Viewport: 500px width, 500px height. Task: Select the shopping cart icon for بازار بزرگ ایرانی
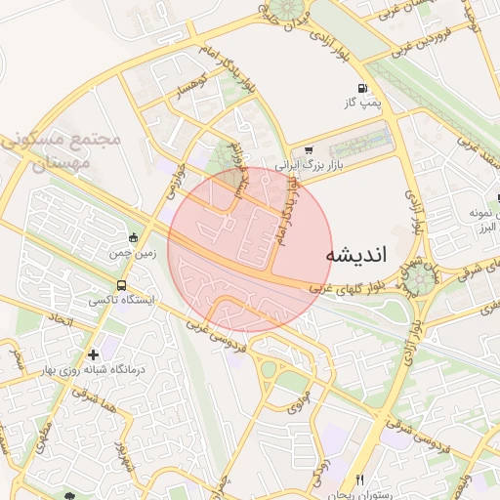click(309, 150)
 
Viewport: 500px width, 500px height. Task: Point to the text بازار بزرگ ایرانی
click(299, 167)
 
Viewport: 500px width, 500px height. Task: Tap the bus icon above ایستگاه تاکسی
click(120, 286)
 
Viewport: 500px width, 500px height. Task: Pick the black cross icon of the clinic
click(93, 354)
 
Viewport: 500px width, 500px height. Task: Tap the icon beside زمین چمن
click(134, 237)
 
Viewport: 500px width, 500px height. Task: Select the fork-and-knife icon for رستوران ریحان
click(360, 479)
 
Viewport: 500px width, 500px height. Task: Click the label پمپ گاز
click(360, 102)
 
